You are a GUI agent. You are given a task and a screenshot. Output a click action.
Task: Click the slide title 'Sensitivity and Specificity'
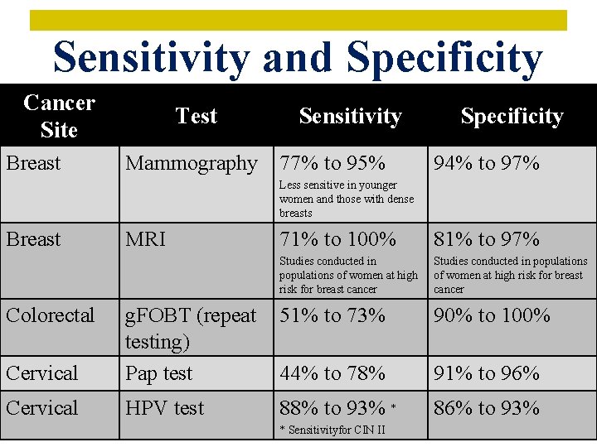(x=298, y=58)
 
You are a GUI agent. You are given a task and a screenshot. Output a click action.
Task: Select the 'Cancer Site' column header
(x=59, y=116)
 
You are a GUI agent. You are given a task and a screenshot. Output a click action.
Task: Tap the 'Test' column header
(x=197, y=116)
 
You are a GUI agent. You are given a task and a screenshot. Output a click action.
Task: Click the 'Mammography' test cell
(x=192, y=163)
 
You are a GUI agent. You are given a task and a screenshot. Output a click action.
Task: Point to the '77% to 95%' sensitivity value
(x=332, y=163)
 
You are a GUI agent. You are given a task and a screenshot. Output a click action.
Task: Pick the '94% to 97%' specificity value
(x=487, y=163)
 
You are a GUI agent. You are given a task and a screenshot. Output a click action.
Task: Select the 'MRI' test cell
(x=146, y=239)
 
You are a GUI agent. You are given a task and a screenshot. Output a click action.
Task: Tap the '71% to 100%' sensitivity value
(x=338, y=239)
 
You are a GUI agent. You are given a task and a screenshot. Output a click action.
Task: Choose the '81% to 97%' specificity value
(x=487, y=239)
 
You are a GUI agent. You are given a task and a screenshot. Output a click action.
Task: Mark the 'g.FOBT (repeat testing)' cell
(x=191, y=328)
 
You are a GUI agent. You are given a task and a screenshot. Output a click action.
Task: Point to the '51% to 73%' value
(x=332, y=315)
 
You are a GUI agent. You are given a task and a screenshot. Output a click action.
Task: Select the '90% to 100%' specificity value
(x=493, y=315)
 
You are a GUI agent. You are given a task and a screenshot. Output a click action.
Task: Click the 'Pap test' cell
(x=159, y=373)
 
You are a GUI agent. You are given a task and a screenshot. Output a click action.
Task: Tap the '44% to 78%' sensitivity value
(x=332, y=373)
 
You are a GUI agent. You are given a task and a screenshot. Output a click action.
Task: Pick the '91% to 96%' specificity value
(x=487, y=373)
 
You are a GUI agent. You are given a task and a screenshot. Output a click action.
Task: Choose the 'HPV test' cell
(x=164, y=408)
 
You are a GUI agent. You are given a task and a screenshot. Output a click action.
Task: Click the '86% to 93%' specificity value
(x=487, y=408)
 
